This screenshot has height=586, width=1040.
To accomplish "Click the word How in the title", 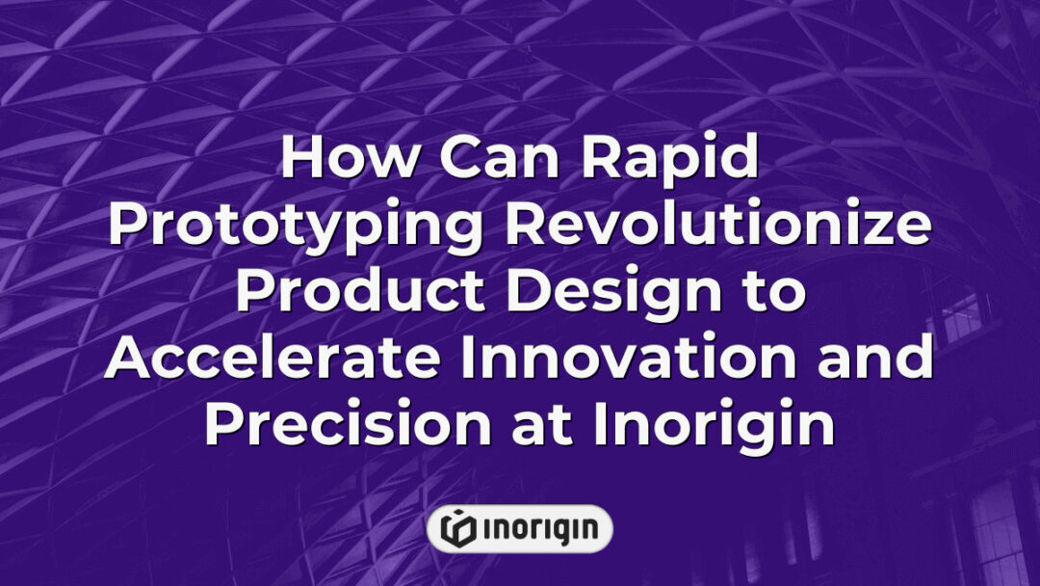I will [337, 160].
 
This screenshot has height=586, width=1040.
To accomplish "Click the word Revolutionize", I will [717, 226].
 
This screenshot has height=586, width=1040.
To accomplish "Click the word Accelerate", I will [273, 359].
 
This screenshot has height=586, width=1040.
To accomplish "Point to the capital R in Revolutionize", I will [524, 226].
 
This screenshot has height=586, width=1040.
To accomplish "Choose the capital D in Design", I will [512, 292].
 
